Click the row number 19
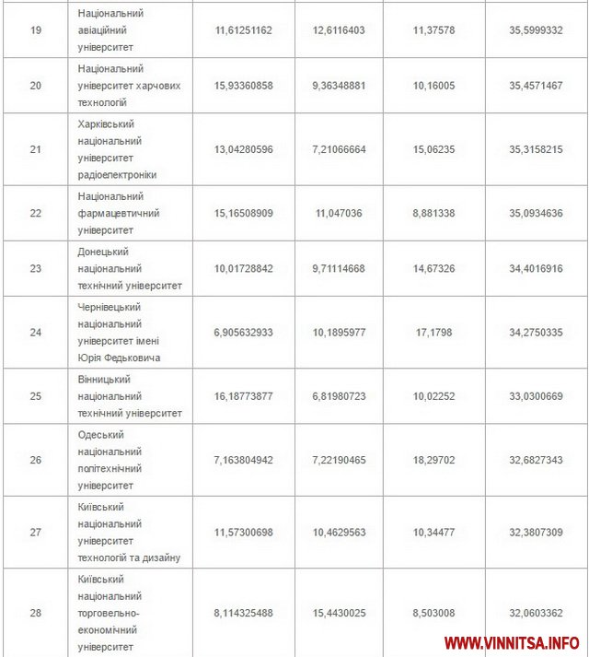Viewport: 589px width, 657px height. point(36,30)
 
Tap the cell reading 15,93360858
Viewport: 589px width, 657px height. point(244,85)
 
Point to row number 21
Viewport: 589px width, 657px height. point(36,148)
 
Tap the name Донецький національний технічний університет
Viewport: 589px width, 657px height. point(130,268)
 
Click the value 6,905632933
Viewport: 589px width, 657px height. point(244,332)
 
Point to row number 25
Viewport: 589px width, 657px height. point(36,396)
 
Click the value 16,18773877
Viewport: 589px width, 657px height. point(244,396)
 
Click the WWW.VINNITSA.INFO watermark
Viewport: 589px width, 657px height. point(512,641)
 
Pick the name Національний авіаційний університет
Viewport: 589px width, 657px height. point(111,30)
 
